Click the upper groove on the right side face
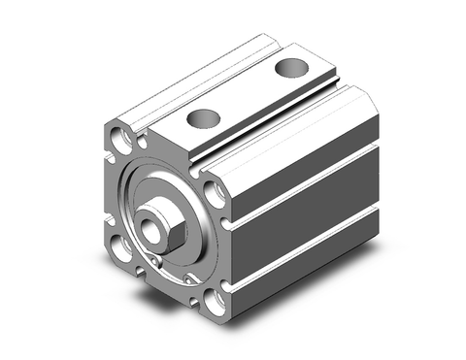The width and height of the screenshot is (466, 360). (311, 180)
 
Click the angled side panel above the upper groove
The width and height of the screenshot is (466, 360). (311, 146)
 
